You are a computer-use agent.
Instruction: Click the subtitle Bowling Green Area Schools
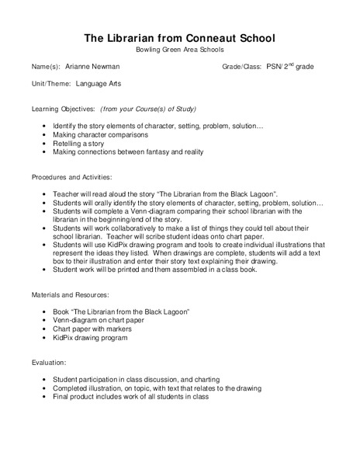point(179,50)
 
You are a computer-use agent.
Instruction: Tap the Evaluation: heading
point(49,363)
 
